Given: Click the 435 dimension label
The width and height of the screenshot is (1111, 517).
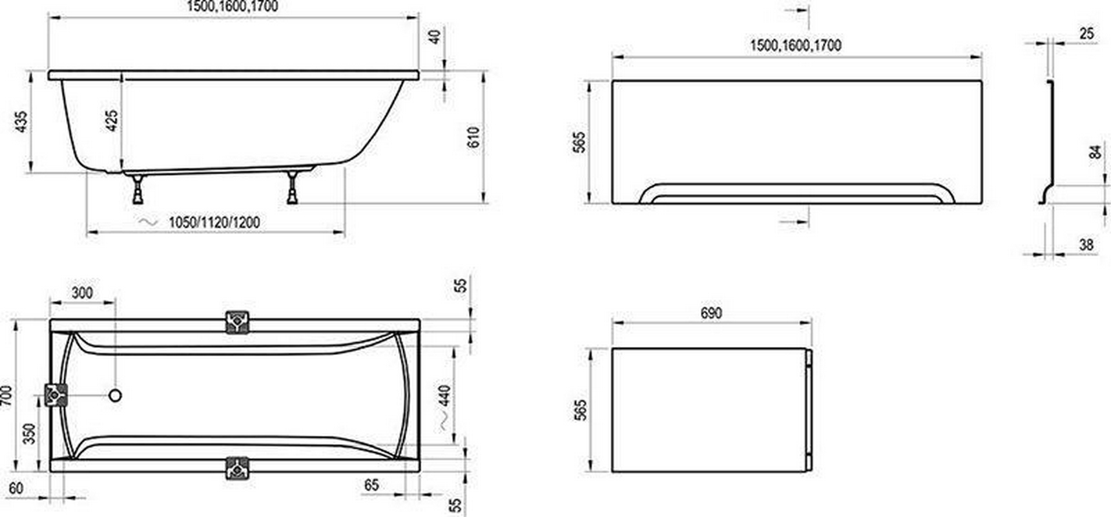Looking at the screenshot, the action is click(21, 121).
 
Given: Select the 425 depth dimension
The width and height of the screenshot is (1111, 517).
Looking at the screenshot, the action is click(112, 121).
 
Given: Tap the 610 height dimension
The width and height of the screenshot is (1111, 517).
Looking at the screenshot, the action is click(473, 138).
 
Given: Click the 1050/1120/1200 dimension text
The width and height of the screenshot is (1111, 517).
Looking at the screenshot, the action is click(214, 222).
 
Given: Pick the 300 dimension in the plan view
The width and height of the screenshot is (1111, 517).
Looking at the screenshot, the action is click(82, 293).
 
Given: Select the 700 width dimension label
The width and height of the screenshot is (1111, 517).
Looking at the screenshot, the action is click(6, 396).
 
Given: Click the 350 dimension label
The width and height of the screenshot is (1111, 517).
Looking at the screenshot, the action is click(29, 434).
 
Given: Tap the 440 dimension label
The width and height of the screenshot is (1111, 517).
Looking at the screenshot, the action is click(445, 396).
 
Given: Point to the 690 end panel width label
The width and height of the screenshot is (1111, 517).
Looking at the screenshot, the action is click(711, 313).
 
